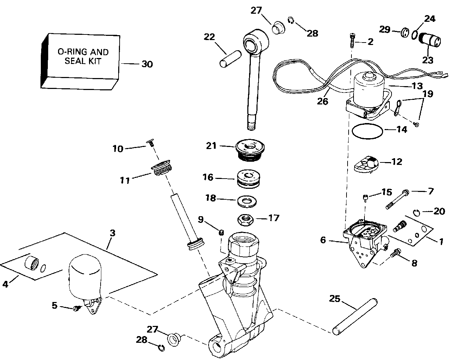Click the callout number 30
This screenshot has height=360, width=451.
click(x=147, y=64)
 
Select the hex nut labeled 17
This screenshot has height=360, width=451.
click(x=246, y=220)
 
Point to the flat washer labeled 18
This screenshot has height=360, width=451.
click(x=247, y=201)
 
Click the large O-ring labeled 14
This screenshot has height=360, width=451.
click(x=367, y=131)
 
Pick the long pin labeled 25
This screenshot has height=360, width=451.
click(x=355, y=317)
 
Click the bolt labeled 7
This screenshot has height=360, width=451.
click(x=397, y=199)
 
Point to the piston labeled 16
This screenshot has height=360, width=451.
click(x=249, y=178)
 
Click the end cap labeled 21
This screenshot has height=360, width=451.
click(x=250, y=150)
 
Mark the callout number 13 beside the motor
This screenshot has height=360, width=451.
click(x=417, y=86)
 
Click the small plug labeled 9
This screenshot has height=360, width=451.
click(x=221, y=232)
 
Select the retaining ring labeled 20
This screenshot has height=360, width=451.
click(x=417, y=213)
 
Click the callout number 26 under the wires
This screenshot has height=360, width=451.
click(x=323, y=101)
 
